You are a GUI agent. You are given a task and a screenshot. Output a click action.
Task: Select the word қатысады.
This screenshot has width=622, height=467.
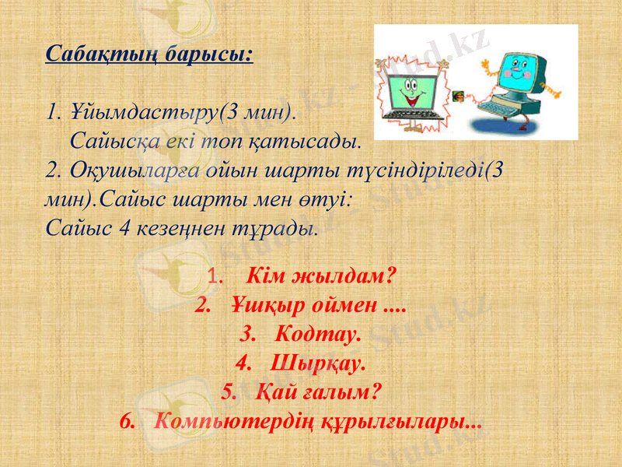click(x=316, y=141)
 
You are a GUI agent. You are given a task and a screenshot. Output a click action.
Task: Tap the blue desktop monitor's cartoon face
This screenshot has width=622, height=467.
click(x=511, y=72)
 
